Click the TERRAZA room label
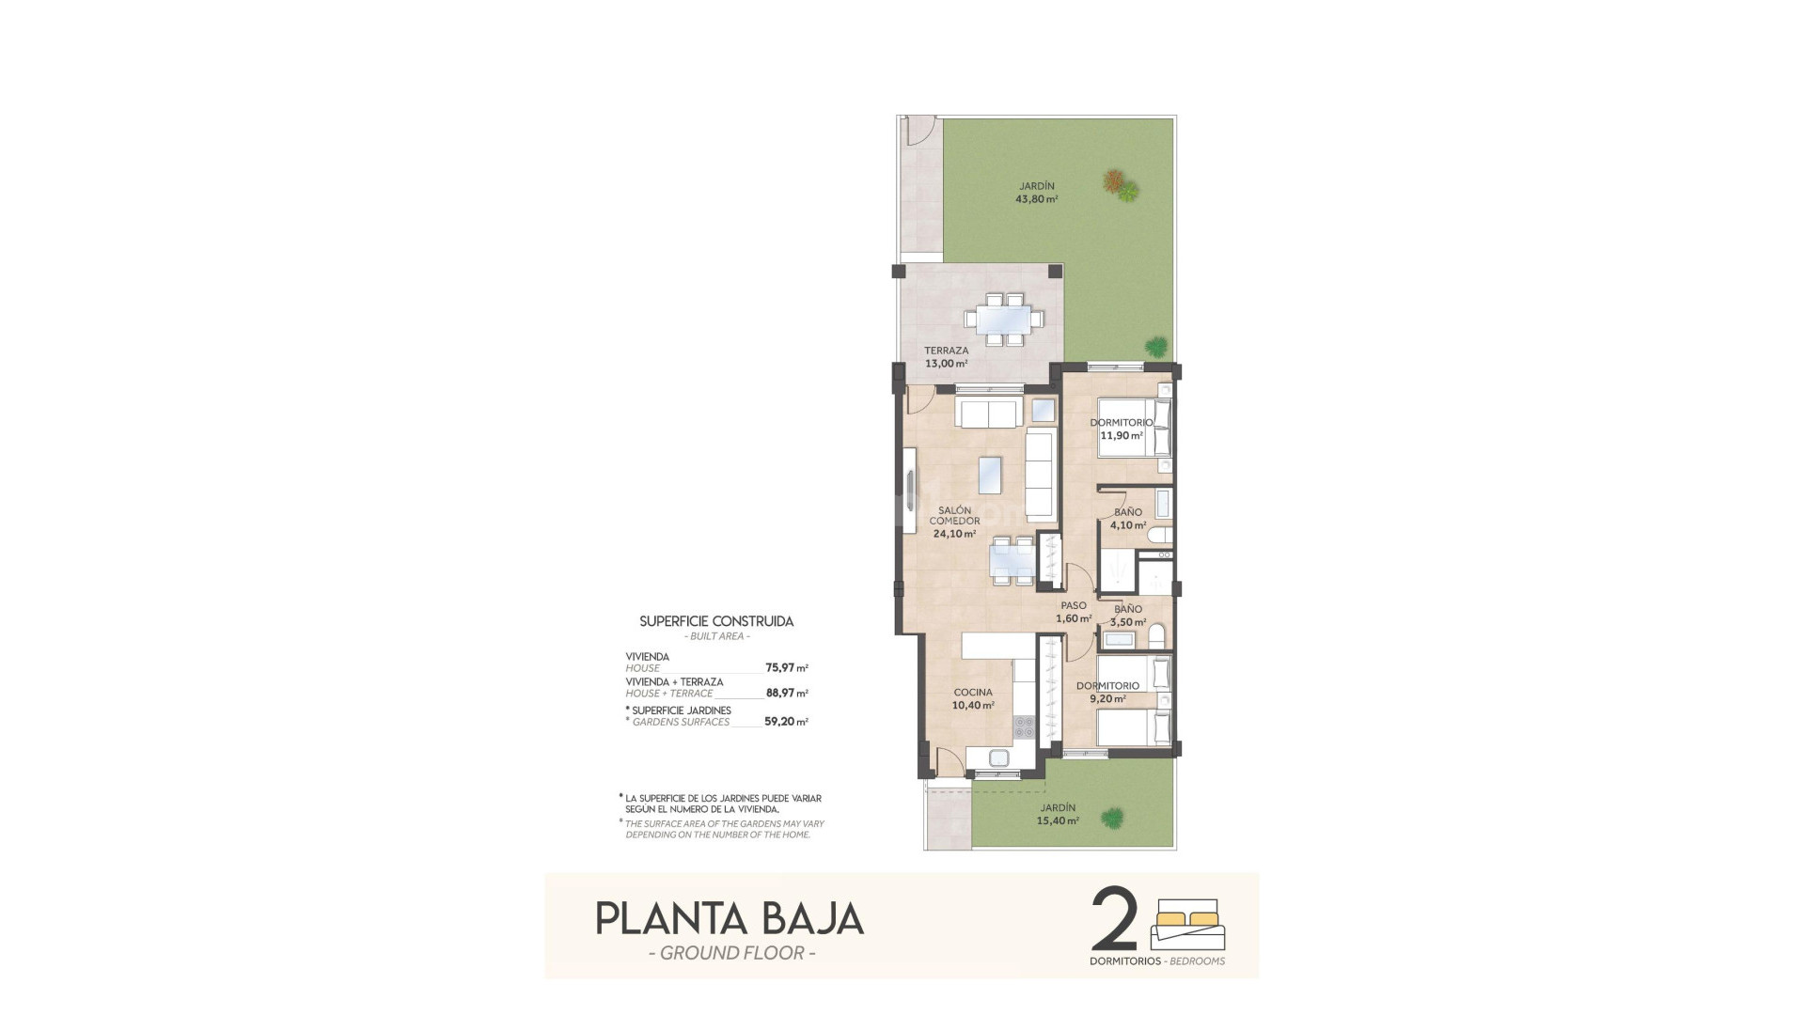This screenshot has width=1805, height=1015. tap(945, 351)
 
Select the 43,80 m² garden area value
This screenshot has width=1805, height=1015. tap(1036, 199)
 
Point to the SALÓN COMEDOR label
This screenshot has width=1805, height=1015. tap(954, 516)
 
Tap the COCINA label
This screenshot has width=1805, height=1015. tap(972, 693)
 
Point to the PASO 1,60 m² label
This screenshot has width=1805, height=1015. tap(1074, 612)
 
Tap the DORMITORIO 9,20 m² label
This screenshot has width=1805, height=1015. tap(1107, 692)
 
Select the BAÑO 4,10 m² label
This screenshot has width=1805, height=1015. tap(1128, 519)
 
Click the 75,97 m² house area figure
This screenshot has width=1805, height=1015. tap(786, 668)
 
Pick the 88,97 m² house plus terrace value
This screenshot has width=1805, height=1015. tap(786, 693)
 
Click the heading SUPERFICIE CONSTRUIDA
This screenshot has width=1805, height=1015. tap(716, 621)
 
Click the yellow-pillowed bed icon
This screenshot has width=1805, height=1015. tap(1187, 925)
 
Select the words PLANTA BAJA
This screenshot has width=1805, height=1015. tap(730, 918)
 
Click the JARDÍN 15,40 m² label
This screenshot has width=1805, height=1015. tap(1058, 814)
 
